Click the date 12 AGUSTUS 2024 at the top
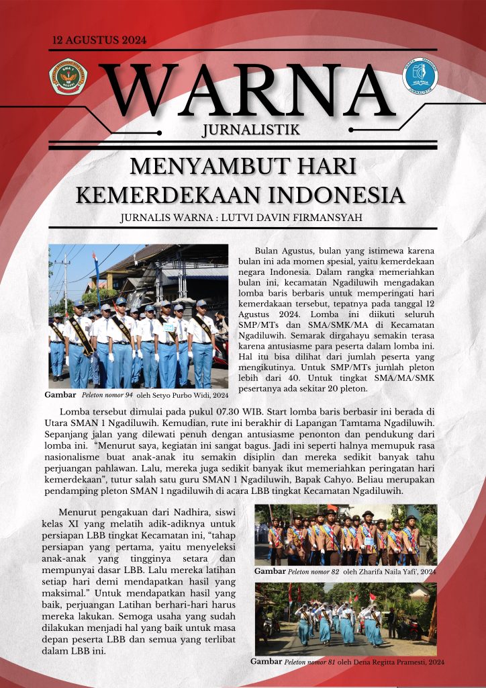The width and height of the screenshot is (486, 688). tap(99, 40)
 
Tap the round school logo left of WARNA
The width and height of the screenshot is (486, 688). tap(68, 77)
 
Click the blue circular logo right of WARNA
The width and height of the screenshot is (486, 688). tap(420, 76)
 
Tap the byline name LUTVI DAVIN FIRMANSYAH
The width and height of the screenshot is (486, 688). tap(302, 218)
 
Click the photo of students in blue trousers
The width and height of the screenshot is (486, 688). tap(138, 316)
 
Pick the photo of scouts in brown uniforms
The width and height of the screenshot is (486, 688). tap(346, 534)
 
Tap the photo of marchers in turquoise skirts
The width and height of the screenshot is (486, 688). tap(346, 619)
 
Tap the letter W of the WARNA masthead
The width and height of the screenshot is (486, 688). tap(139, 91)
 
